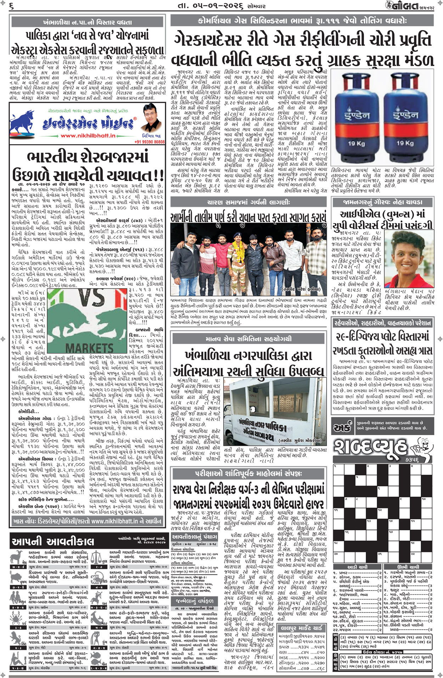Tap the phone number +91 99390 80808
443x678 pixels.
tap(149, 142)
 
